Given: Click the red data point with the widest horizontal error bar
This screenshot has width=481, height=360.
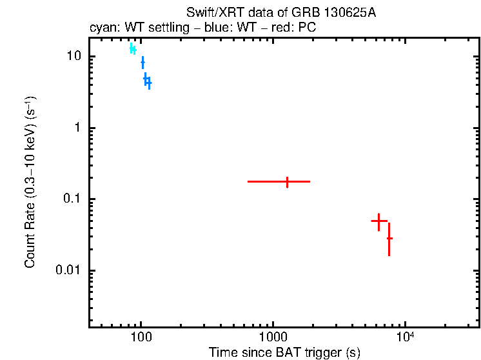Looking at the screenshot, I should [287, 182].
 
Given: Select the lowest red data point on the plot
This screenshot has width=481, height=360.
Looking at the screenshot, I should [389, 238].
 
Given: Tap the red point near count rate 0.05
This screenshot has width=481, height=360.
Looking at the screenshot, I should [378, 221].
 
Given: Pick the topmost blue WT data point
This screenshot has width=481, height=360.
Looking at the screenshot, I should [142, 62].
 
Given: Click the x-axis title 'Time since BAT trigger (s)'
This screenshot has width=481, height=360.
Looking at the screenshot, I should [284, 352].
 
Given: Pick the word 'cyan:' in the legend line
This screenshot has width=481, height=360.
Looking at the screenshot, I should [101, 29].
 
